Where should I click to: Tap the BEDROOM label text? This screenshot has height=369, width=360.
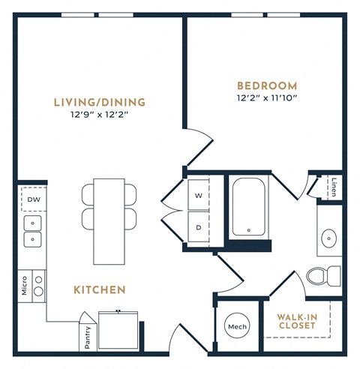pyautogui.click(x=267, y=85)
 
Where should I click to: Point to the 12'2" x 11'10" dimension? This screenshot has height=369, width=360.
pyautogui.click(x=267, y=97)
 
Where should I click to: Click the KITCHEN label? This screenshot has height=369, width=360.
pyautogui.click(x=99, y=289)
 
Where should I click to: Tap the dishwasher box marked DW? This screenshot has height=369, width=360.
pyautogui.click(x=33, y=199)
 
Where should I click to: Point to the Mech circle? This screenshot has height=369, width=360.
pyautogui.click(x=236, y=327)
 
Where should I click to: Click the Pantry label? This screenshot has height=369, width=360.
pyautogui.click(x=88, y=336)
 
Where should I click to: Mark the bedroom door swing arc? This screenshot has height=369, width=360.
pyautogui.click(x=197, y=142)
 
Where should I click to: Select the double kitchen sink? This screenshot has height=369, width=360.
pyautogui.click(x=33, y=231)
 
